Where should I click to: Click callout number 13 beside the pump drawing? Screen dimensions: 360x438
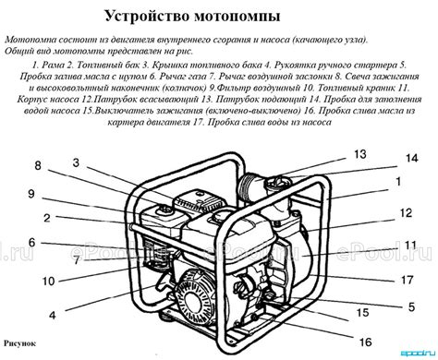359,154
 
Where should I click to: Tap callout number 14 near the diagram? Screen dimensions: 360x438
410,160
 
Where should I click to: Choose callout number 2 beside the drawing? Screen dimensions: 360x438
44,219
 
